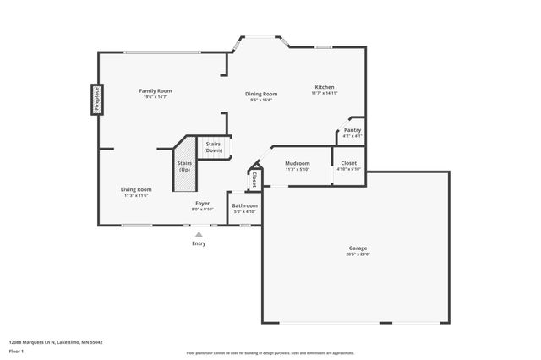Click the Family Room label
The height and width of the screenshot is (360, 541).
(x=155, y=90)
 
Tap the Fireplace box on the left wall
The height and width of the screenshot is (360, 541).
(x=97, y=98)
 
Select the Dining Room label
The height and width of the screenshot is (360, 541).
(x=262, y=94)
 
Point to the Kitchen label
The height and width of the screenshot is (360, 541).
(x=325, y=87)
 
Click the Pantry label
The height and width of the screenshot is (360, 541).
(x=352, y=130)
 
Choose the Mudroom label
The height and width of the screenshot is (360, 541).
(x=297, y=163)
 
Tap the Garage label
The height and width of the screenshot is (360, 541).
(x=358, y=248)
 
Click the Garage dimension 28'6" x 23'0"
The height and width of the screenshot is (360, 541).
(x=358, y=254)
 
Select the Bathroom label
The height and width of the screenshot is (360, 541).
(x=245, y=205)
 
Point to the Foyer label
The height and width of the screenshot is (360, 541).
(x=203, y=204)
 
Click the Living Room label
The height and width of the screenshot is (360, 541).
(x=136, y=189)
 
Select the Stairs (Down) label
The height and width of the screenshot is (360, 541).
(x=214, y=147)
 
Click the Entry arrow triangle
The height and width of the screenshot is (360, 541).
(x=199, y=235)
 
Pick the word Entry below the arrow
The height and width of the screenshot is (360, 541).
(x=199, y=243)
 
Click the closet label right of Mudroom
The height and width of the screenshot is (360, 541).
(x=349, y=163)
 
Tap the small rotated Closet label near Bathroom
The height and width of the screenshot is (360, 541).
(x=254, y=178)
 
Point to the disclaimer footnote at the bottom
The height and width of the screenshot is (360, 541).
(x=270, y=353)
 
